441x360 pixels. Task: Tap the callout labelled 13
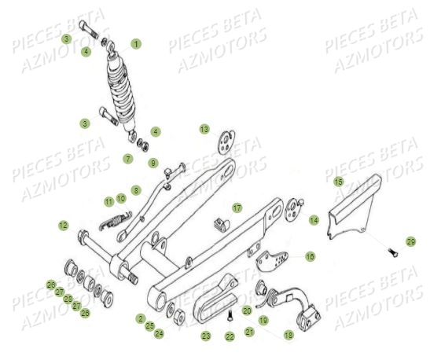pos(204,129)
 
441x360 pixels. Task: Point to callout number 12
pos(63,226)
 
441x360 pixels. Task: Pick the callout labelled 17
pos(237,208)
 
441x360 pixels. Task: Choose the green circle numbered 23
pos(206,336)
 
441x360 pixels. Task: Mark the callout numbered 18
pos(288,334)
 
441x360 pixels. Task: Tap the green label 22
pos(230,336)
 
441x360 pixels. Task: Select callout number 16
pos(310,256)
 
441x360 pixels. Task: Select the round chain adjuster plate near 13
pos(226,142)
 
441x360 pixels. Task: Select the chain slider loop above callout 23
pos(211,292)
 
